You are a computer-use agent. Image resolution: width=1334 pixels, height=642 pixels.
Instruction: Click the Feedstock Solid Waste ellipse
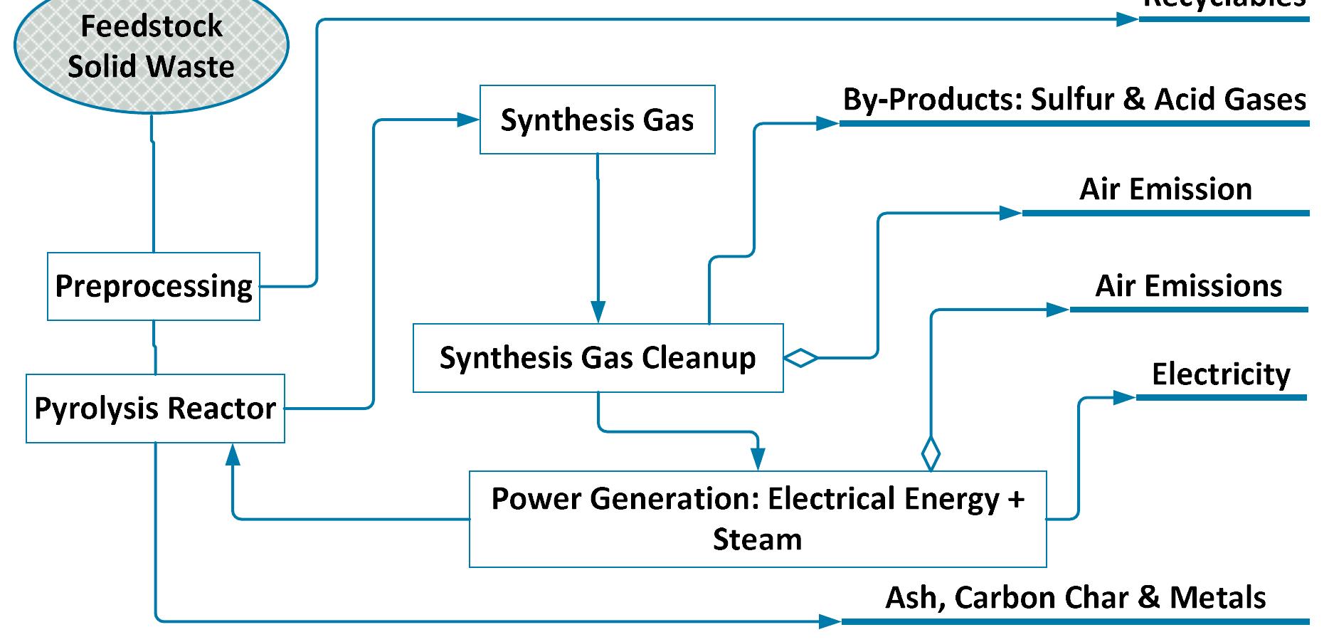(151, 46)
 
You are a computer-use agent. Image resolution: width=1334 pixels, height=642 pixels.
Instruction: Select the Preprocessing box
(154, 286)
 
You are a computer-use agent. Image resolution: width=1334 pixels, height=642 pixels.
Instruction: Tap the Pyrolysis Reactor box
(155, 409)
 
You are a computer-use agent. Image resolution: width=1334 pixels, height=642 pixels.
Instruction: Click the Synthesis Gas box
(597, 120)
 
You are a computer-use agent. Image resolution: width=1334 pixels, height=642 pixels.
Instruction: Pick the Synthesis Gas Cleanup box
(598, 357)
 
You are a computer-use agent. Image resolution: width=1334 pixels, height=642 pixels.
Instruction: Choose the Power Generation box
(757, 518)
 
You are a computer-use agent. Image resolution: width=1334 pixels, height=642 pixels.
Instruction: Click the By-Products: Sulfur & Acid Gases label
(1074, 100)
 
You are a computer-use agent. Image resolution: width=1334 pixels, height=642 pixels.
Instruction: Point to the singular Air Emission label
(1165, 189)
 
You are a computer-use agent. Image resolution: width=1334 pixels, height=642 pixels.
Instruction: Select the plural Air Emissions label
(1188, 286)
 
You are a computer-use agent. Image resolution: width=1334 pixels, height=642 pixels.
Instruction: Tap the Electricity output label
(1221, 374)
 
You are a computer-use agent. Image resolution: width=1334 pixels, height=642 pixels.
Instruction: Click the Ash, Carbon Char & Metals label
(1075, 597)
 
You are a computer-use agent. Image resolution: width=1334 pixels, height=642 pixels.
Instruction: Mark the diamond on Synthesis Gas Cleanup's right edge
(801, 357)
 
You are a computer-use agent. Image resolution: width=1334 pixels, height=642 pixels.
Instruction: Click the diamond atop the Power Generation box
(931, 453)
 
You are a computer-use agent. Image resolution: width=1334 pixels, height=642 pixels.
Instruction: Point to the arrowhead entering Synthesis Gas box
(468, 120)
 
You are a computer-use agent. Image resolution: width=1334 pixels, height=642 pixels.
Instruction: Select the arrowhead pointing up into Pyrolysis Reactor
(233, 453)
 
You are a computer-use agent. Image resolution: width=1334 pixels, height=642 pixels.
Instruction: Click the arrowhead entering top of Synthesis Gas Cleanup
(598, 312)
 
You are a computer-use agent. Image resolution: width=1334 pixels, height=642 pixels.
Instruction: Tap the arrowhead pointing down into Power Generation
(758, 459)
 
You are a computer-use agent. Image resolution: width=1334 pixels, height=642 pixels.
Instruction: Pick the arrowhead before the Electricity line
(1124, 397)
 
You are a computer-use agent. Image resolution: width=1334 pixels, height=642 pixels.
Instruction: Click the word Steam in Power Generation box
(757, 540)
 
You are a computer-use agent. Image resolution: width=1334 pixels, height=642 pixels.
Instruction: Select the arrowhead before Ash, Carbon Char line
(830, 621)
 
